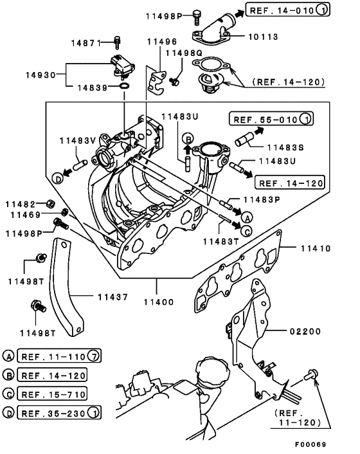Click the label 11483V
point(78,140)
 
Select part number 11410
point(312,247)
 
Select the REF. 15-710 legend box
point(52,393)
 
